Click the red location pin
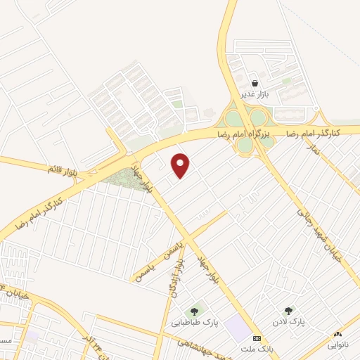coord(181,165)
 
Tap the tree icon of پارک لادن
coord(288,310)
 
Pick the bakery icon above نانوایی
coord(338,334)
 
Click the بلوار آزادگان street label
coord(174,278)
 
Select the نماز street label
coord(316,150)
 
